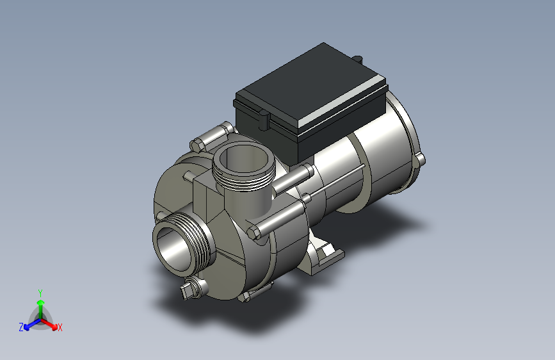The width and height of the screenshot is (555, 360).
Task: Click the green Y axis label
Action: click(x=40, y=293)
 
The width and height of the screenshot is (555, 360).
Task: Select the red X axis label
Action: click(x=60, y=327)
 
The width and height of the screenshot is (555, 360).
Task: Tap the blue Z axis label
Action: click(x=21, y=327)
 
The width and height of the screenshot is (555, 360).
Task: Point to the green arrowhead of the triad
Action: click(x=41, y=303)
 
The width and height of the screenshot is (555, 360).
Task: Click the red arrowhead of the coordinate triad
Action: click(x=54, y=326)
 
